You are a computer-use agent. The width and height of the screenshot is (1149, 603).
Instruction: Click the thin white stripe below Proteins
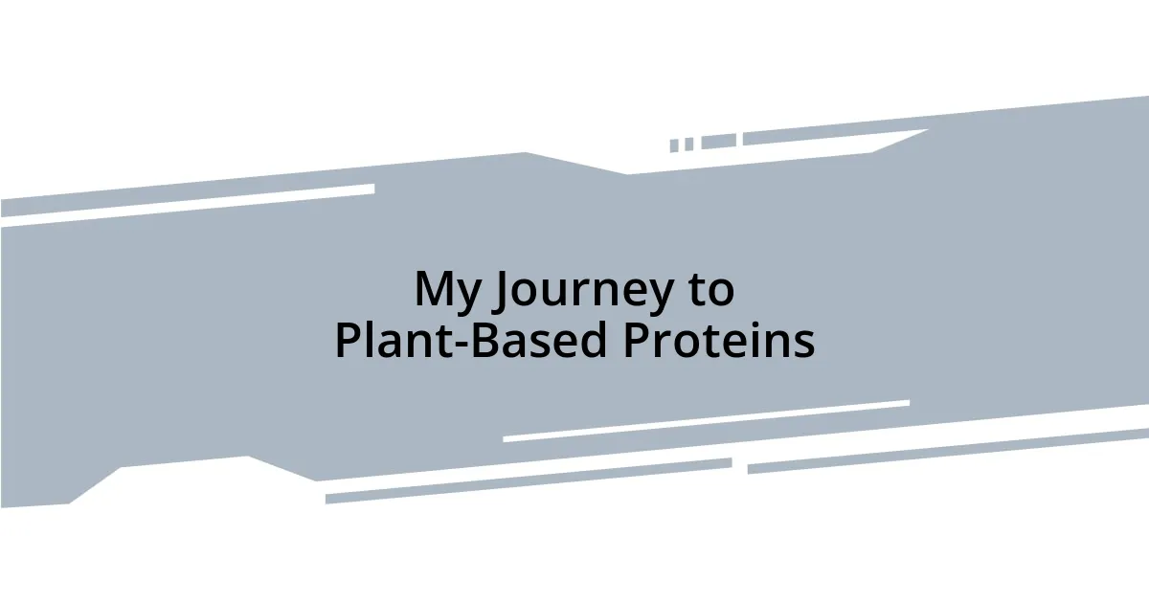pyautogui.click(x=706, y=421)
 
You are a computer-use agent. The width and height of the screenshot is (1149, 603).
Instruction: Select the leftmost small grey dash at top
pyautogui.click(x=674, y=145)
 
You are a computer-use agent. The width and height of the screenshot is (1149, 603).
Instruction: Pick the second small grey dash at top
pyautogui.click(x=688, y=145)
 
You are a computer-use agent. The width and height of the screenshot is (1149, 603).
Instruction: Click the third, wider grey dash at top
pyautogui.click(x=718, y=142)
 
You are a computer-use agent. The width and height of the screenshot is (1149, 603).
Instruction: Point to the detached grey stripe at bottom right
pyautogui.click(x=948, y=450)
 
